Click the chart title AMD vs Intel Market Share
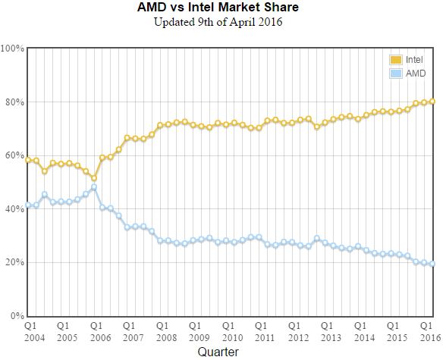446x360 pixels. click(217, 8)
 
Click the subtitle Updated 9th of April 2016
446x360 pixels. click(218, 22)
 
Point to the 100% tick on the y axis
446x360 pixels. click(13, 49)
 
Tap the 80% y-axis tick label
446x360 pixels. click(14, 102)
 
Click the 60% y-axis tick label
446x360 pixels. click(14, 155)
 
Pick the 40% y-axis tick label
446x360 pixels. click(14, 209)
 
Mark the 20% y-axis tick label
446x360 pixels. click(14, 262)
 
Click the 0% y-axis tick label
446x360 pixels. click(17, 316)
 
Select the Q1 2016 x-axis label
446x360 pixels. click(430, 330)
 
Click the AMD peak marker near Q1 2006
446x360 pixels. click(94, 186)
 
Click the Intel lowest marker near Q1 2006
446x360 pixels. click(94, 178)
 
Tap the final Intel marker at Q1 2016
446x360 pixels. click(432, 102)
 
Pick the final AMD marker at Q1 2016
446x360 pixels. click(432, 264)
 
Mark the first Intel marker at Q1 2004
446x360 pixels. click(28, 160)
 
